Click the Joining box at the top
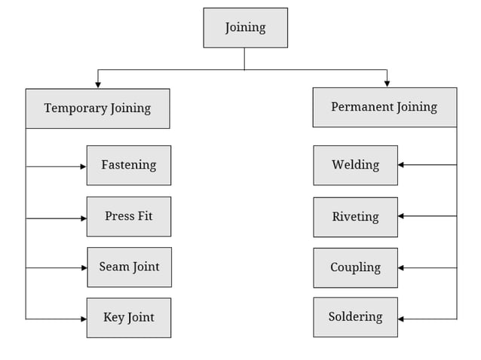245,28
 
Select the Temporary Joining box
97,108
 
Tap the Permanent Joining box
384,107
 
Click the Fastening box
129,165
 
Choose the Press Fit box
129,216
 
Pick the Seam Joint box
129,267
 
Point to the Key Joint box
129,318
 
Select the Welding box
355,165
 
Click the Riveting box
355,217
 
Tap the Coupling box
355,267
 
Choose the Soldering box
355,317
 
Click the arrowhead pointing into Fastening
83,166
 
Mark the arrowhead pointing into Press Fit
83,218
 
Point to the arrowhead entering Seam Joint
83,267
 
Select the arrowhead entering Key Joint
83,319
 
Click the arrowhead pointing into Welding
401,164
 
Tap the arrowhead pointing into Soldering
401,319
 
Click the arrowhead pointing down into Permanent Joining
387,83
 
